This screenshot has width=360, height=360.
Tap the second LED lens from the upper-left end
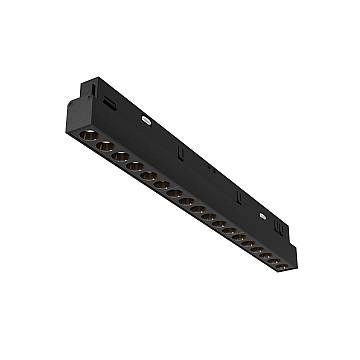pyautogui.click(x=102, y=144)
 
